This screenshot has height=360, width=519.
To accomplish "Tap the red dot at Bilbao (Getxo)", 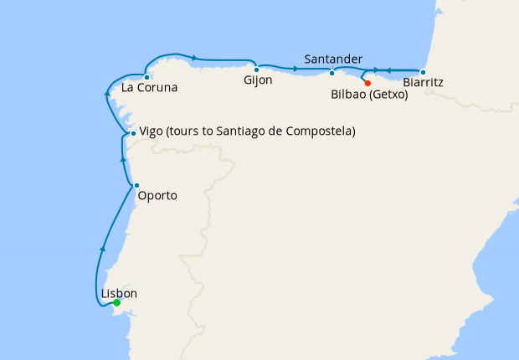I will pyautogui.click(x=367, y=83).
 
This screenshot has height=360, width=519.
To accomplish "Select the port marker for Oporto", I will pyautogui.click(x=136, y=185).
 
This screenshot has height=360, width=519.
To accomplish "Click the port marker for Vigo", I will pyautogui.click(x=133, y=134).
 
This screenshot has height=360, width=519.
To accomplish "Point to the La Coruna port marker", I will pyautogui.click(x=147, y=77).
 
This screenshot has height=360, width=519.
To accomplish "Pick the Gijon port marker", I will pyautogui.click(x=256, y=69).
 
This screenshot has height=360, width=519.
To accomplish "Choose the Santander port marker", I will pyautogui.click(x=332, y=72).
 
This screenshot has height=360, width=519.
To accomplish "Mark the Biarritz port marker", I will pyautogui.click(x=423, y=72).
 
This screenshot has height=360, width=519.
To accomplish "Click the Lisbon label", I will pyautogui.click(x=118, y=293).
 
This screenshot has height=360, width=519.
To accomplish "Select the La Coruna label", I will pyautogui.click(x=150, y=87).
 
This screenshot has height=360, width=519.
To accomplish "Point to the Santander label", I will pyautogui.click(x=333, y=59).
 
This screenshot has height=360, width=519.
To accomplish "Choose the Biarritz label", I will pyautogui.click(x=423, y=83).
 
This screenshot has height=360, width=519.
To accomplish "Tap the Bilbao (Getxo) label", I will pyautogui.click(x=369, y=95).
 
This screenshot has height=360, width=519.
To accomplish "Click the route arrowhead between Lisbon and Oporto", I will pyautogui.click(x=103, y=248).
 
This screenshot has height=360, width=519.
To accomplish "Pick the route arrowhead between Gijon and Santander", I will pyautogui.click(x=297, y=67).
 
